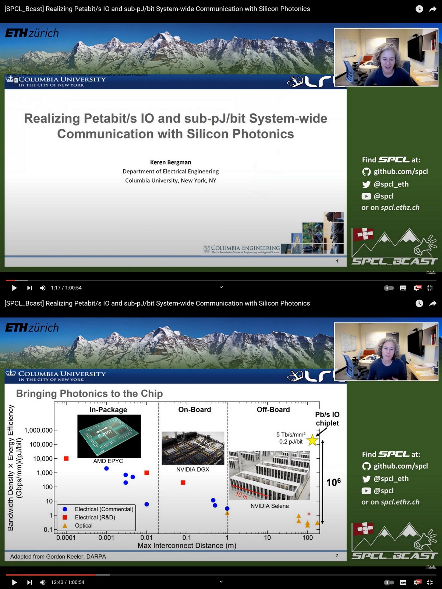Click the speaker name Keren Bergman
tap(170, 162)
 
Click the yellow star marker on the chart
tap(312, 440)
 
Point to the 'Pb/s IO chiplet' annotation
tap(327, 419)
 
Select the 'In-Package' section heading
tap(108, 410)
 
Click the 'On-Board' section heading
tap(194, 410)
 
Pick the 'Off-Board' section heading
tap(273, 410)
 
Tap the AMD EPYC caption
tap(108, 461)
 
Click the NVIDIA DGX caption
tap(192, 470)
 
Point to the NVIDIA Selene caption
tap(269, 506)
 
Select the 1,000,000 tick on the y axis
tap(38, 430)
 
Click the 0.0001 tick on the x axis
tap(66, 538)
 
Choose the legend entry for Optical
tap(84, 526)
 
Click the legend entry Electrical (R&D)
tap(95, 518)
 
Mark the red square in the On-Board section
tap(183, 483)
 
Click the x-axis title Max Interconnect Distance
tap(187, 546)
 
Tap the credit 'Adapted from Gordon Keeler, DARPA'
tap(58, 557)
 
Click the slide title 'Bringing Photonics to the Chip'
tap(89, 394)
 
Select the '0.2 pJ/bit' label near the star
tap(291, 442)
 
